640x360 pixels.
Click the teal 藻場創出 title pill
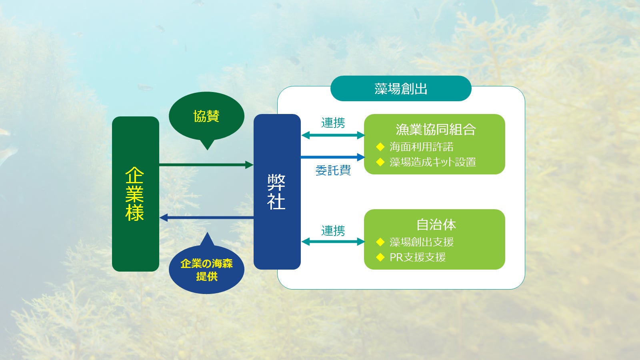(400, 88)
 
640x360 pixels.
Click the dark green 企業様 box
(136, 194)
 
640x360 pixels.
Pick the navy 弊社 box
(277, 192)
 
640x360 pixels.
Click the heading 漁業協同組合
(436, 130)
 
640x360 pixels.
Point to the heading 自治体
(436, 224)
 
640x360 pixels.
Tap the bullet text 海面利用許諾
(422, 147)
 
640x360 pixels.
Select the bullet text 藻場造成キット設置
(433, 162)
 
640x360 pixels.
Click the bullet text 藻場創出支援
(422, 242)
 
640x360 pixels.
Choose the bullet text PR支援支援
(418, 257)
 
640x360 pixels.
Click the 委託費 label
(333, 170)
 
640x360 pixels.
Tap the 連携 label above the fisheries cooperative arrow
(333, 123)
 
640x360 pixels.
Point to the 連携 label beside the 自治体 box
(333, 230)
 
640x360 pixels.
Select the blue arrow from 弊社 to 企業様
(206, 218)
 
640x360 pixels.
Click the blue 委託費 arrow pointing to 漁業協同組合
(332, 157)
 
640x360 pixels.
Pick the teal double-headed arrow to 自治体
(333, 242)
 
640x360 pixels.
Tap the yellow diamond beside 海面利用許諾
(380, 147)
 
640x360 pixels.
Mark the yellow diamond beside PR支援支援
(380, 257)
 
